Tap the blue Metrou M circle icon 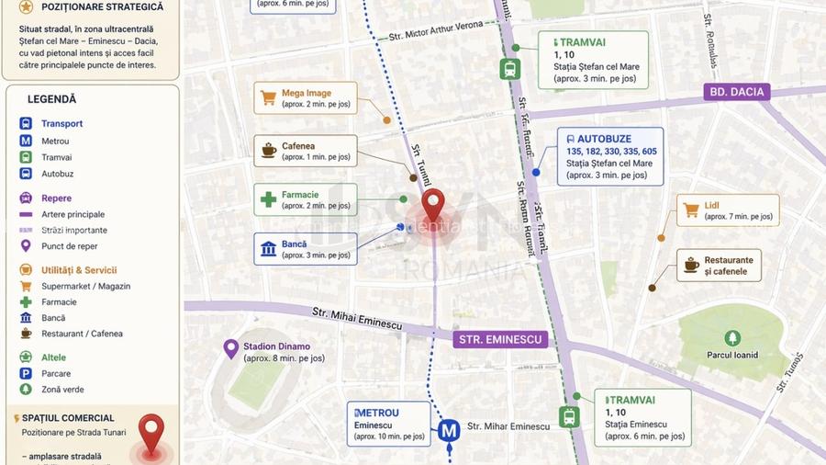click(x=449, y=429)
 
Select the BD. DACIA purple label click(x=737, y=92)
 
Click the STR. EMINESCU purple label click(x=500, y=339)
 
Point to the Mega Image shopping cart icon click(x=268, y=97)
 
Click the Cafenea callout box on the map click(x=305, y=151)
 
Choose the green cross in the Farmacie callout click(x=268, y=199)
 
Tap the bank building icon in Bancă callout click(x=269, y=248)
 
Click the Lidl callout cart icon click(x=691, y=210)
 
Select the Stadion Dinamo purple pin click(x=231, y=348)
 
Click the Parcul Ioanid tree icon click(x=731, y=338)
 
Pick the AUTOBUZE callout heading click(x=610, y=139)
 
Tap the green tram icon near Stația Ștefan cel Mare click(x=509, y=69)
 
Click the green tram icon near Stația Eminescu click(x=570, y=416)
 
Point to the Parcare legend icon click(x=26, y=373)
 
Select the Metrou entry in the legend click(x=55, y=141)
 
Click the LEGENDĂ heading click(x=52, y=99)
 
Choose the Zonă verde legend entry click(x=62, y=390)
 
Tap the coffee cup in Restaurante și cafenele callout click(x=691, y=266)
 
